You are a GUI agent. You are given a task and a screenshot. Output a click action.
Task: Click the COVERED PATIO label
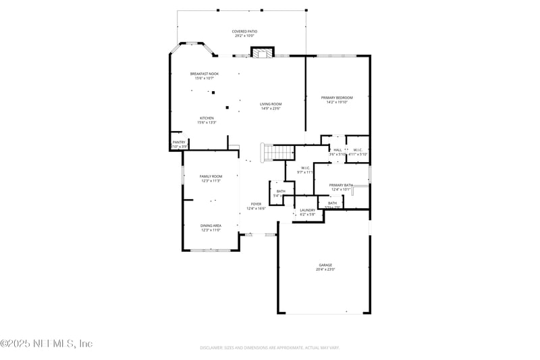click(x=244, y=31)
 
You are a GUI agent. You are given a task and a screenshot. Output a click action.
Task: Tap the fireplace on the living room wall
click(x=263, y=52)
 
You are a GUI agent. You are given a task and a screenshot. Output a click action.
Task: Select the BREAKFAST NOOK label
click(x=204, y=74)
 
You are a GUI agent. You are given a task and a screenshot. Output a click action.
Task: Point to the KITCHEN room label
click(x=206, y=118)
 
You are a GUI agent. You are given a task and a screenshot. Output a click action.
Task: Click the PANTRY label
click(x=179, y=142)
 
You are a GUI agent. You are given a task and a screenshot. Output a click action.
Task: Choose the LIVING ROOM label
click(x=271, y=104)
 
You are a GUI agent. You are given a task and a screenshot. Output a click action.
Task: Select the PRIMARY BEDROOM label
click(x=337, y=98)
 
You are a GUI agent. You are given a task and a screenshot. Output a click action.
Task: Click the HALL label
click(x=337, y=150)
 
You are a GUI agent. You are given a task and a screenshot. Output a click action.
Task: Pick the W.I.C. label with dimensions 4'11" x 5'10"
click(x=357, y=150)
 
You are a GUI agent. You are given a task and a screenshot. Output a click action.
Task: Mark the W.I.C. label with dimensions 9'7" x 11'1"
click(x=305, y=168)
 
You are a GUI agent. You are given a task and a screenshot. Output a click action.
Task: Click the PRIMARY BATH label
click(x=341, y=185)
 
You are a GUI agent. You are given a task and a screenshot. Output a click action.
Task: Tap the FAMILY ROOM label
click(x=211, y=176)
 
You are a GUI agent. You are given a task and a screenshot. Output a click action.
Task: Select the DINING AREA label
click(x=211, y=226)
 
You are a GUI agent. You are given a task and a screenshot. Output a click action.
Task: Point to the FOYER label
click(x=256, y=204)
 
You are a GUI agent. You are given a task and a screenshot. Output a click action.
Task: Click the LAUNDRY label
click(x=308, y=210)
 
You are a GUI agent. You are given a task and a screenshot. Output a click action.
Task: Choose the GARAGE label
click(x=325, y=265)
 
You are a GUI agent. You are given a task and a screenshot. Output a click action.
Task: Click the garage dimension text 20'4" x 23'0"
click(x=325, y=269)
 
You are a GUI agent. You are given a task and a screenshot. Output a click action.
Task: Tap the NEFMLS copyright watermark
click(x=46, y=344)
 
